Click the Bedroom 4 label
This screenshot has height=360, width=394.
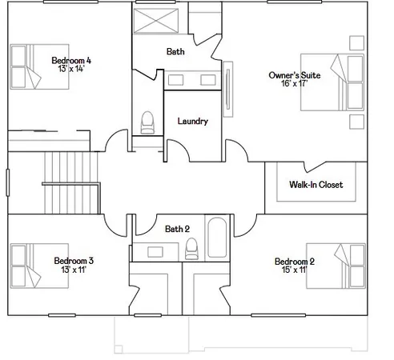coord(71,60)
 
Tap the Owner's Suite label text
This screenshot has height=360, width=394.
coord(295,74)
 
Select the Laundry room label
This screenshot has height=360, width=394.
coord(193,122)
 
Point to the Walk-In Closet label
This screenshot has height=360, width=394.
coord(316,185)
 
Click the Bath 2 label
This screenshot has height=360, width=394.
coord(177,229)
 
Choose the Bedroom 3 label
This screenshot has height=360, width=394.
coord(74,261)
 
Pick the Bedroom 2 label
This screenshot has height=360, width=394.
coord(295,262)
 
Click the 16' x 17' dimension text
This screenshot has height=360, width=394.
coord(295,84)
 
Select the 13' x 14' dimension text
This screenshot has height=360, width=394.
coord(70,70)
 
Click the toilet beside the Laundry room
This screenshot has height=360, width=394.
coord(147,122)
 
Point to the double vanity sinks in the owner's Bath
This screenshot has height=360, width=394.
coord(192,80)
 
